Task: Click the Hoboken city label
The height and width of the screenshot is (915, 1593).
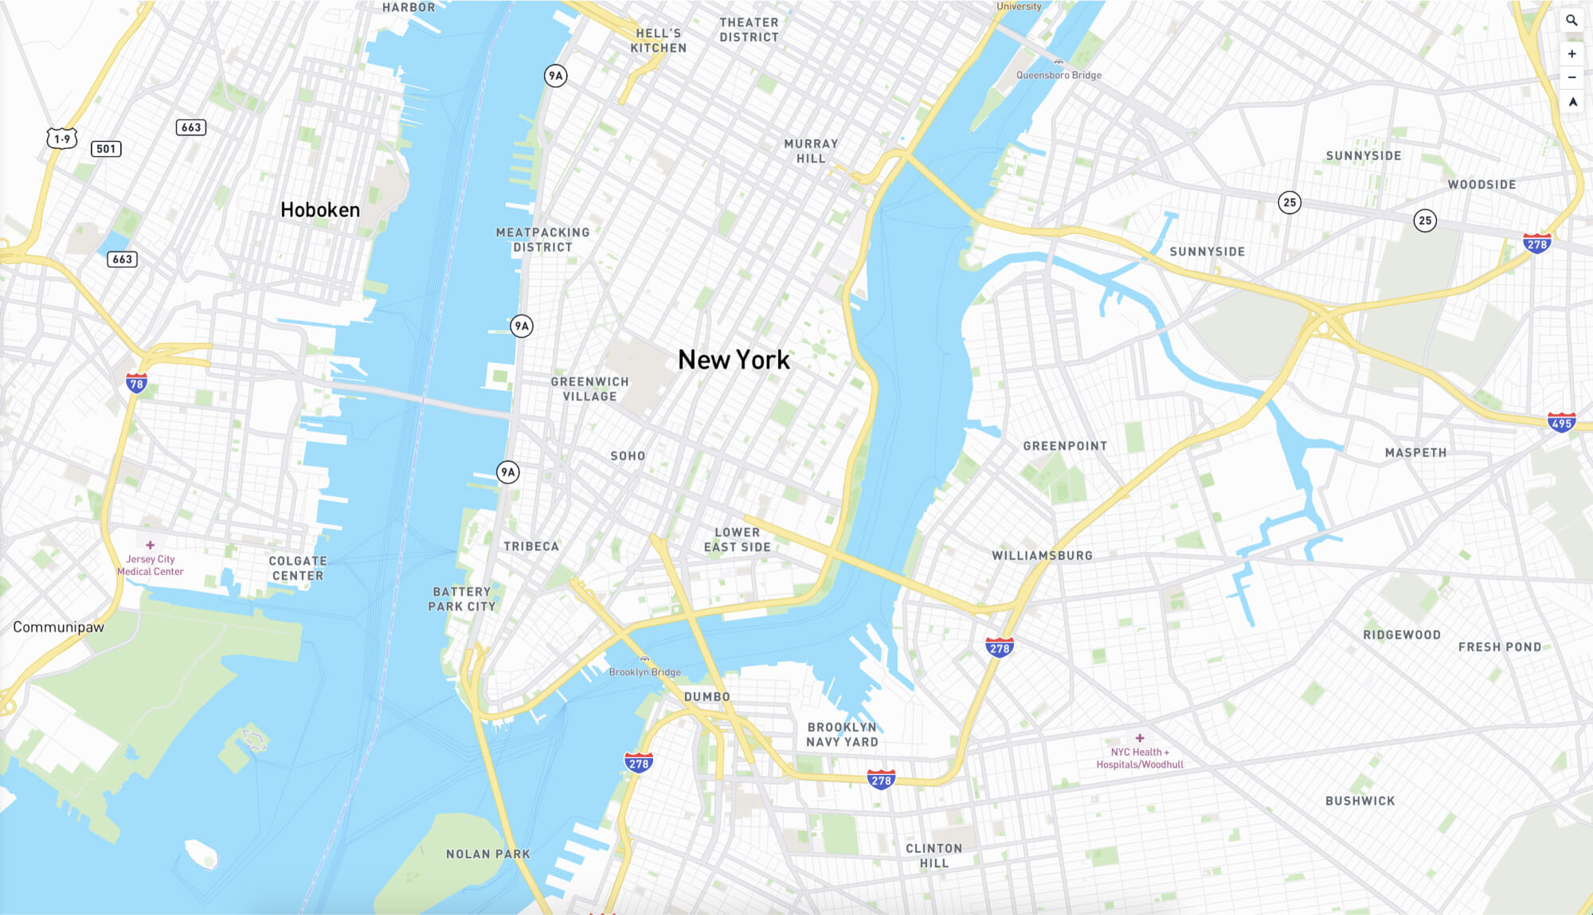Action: [320, 210]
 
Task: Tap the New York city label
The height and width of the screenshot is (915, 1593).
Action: [734, 360]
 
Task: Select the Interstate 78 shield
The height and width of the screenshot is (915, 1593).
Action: [136, 384]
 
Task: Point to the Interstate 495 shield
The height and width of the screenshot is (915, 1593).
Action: [1561, 423]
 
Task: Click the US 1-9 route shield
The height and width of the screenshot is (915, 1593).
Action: [62, 139]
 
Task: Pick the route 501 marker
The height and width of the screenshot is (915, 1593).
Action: [106, 149]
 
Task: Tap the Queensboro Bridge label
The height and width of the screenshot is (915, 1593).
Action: [1059, 75]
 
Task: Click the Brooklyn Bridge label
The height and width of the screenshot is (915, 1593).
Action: [644, 671]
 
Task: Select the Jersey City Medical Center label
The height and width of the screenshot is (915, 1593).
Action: [151, 565]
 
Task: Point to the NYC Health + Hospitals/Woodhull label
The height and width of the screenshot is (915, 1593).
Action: [1140, 757]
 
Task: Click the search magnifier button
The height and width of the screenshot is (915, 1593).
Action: [1571, 21]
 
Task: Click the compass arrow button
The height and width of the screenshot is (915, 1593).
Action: [1572, 102]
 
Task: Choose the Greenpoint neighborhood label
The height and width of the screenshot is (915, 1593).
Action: [1065, 446]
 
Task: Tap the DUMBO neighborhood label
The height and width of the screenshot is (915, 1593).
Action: [707, 697]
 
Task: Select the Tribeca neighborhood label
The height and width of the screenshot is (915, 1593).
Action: [531, 546]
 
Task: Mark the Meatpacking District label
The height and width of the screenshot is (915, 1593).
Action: [542, 240]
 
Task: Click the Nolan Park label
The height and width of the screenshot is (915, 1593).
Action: [487, 854]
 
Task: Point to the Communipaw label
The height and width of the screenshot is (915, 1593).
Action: [58, 628]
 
